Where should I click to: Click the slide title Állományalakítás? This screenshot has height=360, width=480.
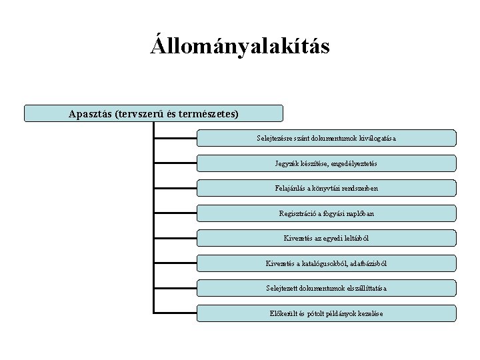[x=240, y=47]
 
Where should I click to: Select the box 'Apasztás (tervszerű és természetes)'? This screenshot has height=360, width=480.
[x=153, y=113]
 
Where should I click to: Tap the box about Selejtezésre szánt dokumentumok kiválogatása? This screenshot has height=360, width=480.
[x=327, y=138]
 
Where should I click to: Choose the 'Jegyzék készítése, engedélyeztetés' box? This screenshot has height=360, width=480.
[x=327, y=163]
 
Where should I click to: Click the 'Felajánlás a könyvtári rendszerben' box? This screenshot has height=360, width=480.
[x=327, y=189]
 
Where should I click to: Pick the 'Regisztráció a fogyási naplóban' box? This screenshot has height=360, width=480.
[x=327, y=213]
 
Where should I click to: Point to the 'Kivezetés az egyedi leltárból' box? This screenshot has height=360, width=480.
[x=327, y=238]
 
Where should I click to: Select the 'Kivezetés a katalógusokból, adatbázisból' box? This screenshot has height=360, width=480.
[x=327, y=263]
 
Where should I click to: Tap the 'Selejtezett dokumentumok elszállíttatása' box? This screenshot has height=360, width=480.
[x=327, y=288]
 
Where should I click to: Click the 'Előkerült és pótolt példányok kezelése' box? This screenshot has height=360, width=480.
[x=327, y=313]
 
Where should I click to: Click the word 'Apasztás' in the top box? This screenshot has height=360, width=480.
[x=89, y=113]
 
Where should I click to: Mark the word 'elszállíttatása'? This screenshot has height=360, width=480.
[x=363, y=288]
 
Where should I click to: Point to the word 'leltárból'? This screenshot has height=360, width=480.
[x=354, y=238]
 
